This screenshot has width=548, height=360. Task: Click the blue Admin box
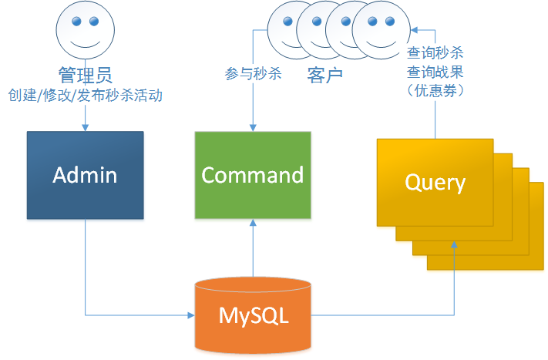pos(85,175)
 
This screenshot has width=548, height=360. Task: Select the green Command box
pos(252,175)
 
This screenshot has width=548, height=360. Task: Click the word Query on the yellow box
pos(435,183)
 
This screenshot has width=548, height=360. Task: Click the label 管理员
pos(85,75)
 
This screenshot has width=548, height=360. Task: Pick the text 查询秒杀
pos(435,55)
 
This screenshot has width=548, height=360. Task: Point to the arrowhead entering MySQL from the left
pos(191,315)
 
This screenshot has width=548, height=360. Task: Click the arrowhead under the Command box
pos(252,221)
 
